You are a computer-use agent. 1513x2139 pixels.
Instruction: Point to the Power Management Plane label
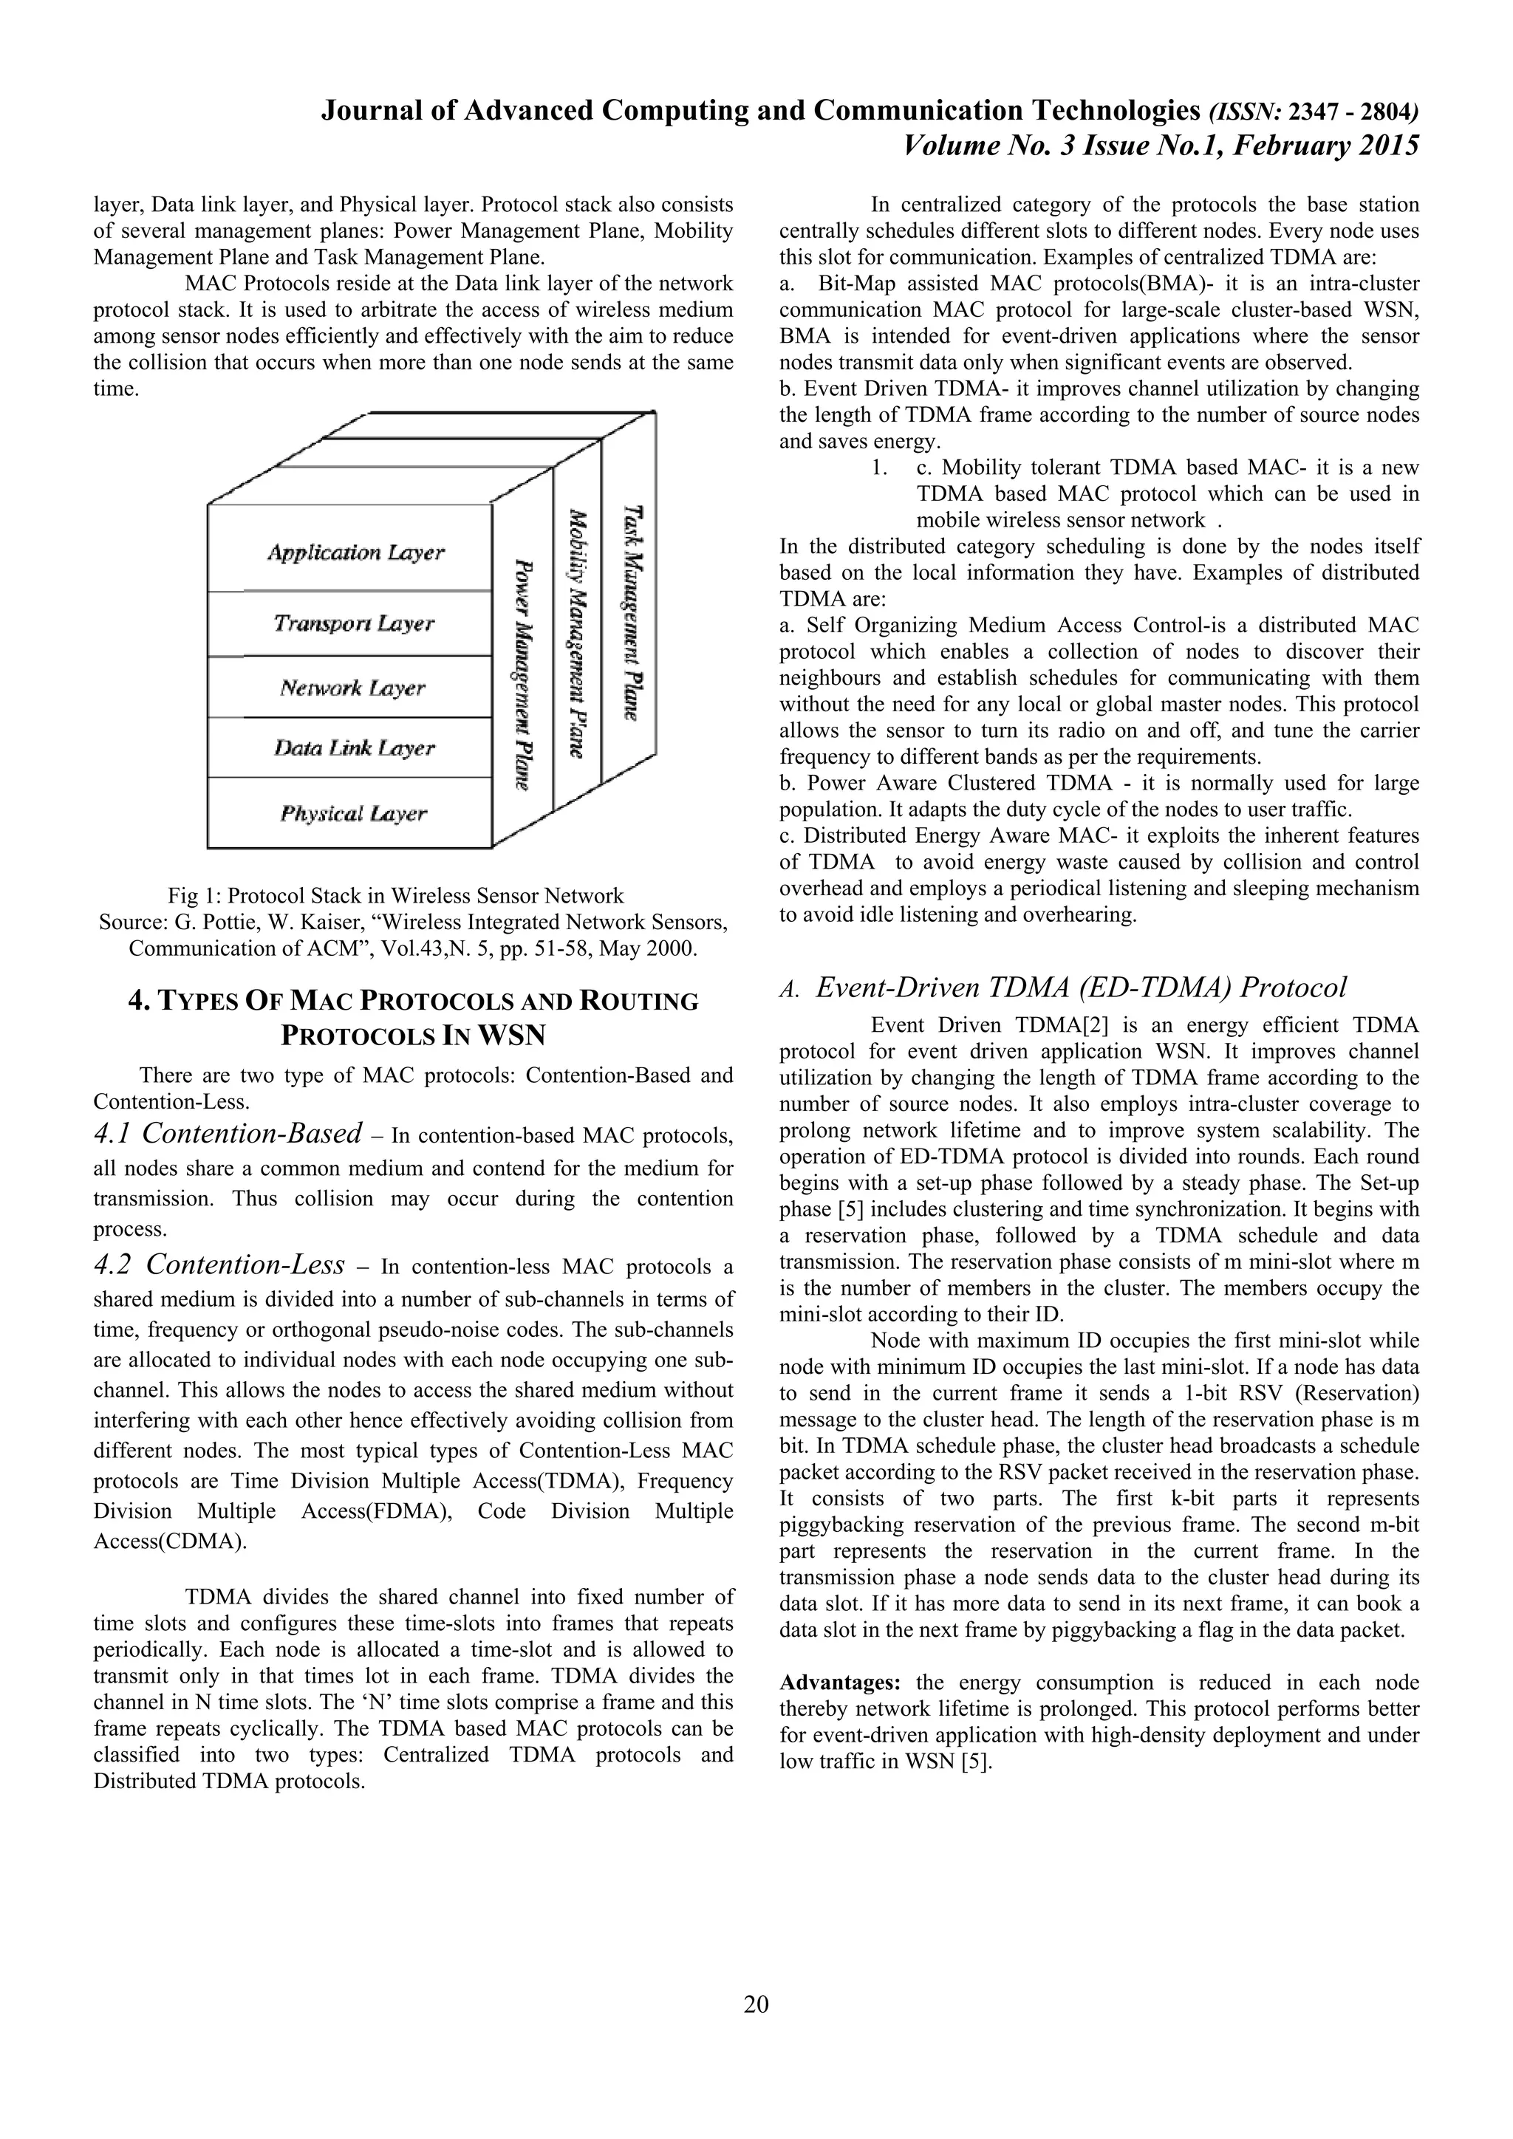pyautogui.click(x=524, y=674)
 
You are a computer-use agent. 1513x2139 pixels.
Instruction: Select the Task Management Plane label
pyautogui.click(x=634, y=612)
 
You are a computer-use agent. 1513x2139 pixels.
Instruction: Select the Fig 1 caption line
pyautogui.click(x=396, y=896)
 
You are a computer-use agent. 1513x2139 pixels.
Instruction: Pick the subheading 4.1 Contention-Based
pyautogui.click(x=228, y=1134)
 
